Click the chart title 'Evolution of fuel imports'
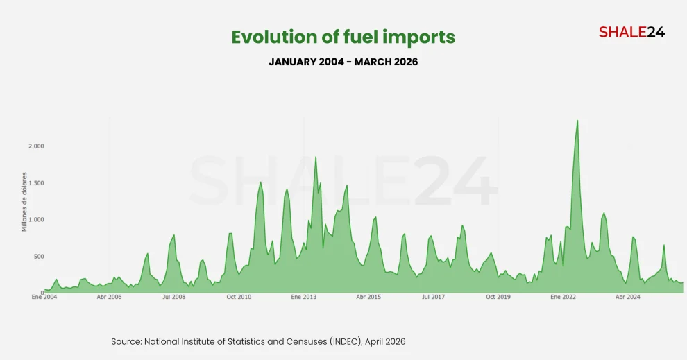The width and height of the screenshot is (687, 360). click(343, 37)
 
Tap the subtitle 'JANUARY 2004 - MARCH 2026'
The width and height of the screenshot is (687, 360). click(343, 62)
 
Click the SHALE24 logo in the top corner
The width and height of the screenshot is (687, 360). click(631, 32)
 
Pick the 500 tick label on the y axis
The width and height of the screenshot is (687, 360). click(37, 257)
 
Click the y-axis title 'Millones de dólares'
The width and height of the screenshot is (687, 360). click(24, 202)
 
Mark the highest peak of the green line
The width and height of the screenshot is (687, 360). click(577, 121)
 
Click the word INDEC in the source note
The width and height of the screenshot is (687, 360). click(343, 342)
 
